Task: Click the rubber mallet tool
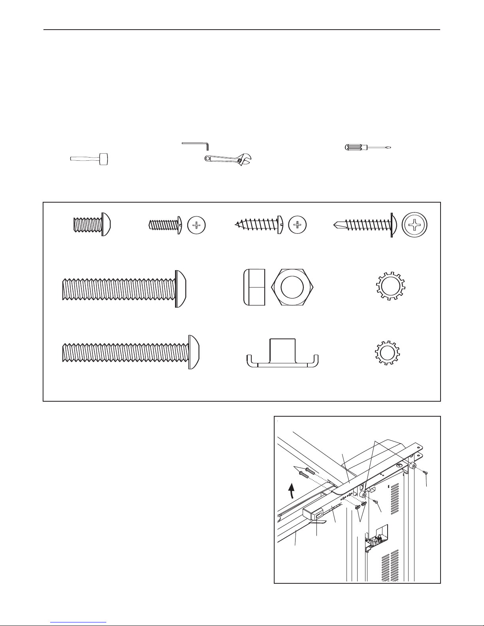[x=90, y=159]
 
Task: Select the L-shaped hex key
[x=196, y=145]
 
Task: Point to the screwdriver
[x=368, y=148]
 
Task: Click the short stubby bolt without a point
[x=92, y=225]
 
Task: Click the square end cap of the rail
[x=311, y=515]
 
